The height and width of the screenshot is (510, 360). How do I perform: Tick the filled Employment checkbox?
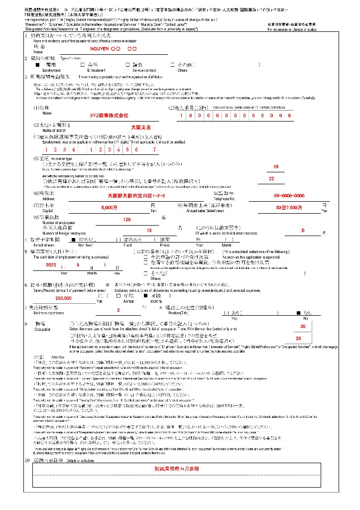click(x=37, y=65)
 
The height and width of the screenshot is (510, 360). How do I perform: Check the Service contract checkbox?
click(x=127, y=65)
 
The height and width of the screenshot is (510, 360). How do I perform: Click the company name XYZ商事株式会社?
click(x=106, y=116)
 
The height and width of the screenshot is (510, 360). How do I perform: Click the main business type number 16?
click(x=276, y=167)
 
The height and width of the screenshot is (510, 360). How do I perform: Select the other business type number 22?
click(x=271, y=178)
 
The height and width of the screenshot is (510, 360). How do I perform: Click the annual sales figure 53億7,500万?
click(x=289, y=207)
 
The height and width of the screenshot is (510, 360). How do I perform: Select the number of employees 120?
click(x=126, y=220)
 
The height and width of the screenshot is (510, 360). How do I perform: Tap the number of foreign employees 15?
click(x=149, y=230)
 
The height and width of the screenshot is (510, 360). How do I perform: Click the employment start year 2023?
click(x=51, y=265)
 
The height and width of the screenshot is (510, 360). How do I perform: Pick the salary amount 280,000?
click(x=64, y=297)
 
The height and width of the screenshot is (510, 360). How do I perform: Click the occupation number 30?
click(x=303, y=326)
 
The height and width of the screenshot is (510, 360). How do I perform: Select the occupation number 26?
click(x=298, y=338)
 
